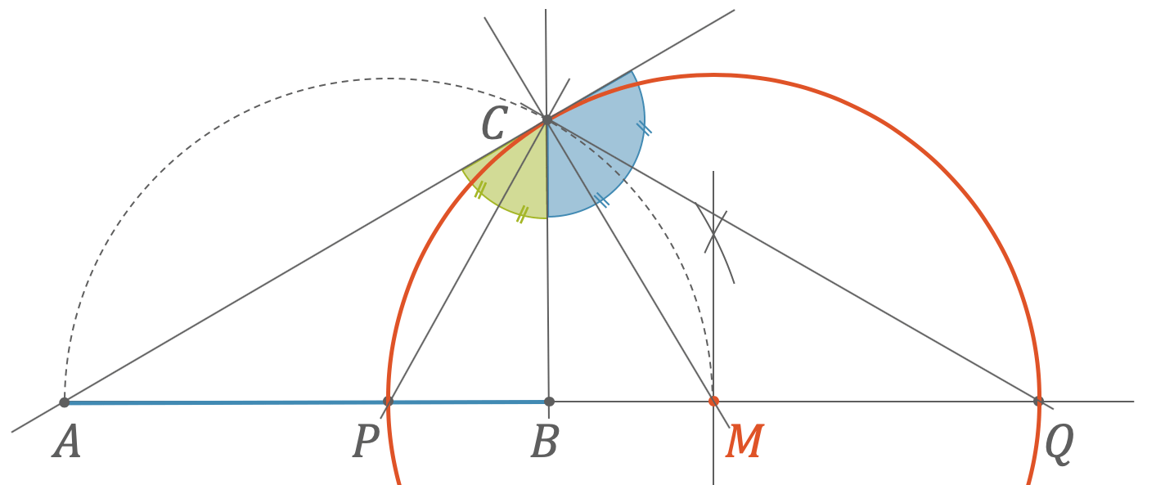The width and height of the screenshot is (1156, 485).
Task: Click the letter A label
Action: click(66, 442)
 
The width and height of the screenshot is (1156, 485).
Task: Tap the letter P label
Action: click(366, 442)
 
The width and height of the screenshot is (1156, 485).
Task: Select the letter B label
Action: click(545, 442)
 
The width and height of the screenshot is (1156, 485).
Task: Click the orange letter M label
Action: click(744, 442)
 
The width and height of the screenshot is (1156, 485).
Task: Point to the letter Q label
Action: click(1059, 445)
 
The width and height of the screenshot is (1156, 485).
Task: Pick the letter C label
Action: click(494, 123)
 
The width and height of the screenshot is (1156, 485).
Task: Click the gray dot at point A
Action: click(65, 402)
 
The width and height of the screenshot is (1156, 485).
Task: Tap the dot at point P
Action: click(388, 402)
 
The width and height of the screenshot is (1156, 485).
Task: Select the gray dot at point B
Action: click(549, 402)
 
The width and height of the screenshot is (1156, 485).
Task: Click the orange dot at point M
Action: click(713, 402)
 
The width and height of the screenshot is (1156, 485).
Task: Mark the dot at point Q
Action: click(1038, 401)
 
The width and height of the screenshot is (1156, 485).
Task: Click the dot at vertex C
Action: click(547, 119)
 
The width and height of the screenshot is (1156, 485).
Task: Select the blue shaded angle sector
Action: click(593, 155)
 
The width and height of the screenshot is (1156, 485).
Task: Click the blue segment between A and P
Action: click(226, 402)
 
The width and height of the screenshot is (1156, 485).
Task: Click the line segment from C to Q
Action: click(793, 261)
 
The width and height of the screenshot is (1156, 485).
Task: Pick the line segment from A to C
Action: click(305, 261)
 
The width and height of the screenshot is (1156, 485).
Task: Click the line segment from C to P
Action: click(468, 261)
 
